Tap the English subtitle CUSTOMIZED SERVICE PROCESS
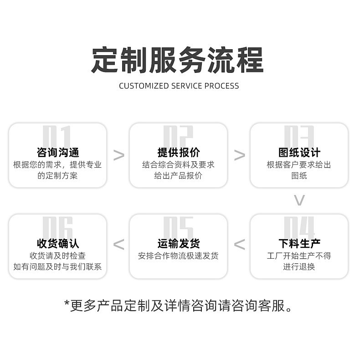pos(179,86)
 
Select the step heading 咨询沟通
pos(57,153)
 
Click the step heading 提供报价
pos(178,153)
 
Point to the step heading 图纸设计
pos(299,153)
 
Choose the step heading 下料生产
pos(299,244)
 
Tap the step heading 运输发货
pos(178,244)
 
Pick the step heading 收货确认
pos(57,244)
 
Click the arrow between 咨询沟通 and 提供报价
pos(118,155)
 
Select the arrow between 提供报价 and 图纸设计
pos(239,155)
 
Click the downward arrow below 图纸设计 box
pos(299,200)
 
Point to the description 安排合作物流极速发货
pos(178,256)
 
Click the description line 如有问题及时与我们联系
pos(57,267)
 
